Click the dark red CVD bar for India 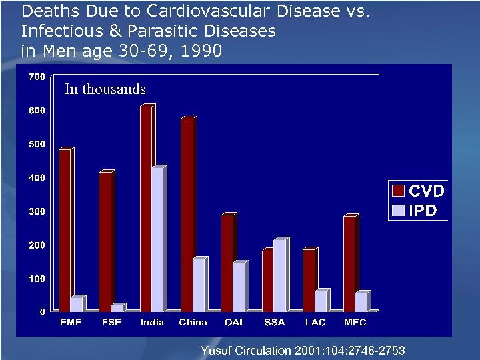[x=147, y=209]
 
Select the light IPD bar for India [x=158, y=239]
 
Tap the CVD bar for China [x=187, y=215]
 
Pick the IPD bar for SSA [x=279, y=275]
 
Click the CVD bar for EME [x=65, y=230]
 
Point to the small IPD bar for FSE [x=117, y=308]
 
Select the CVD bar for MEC [x=350, y=264]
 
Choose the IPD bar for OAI [x=239, y=287]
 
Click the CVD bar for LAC [x=309, y=281]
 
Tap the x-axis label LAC [x=315, y=323]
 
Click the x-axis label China [x=193, y=323]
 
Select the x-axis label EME [x=71, y=323]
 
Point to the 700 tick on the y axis [x=37, y=77]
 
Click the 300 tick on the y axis [x=37, y=211]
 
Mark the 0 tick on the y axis [x=41, y=312]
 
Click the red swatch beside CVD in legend [x=398, y=191]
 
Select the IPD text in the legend [x=423, y=211]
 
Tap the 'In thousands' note [x=105, y=89]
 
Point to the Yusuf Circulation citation [x=302, y=350]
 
